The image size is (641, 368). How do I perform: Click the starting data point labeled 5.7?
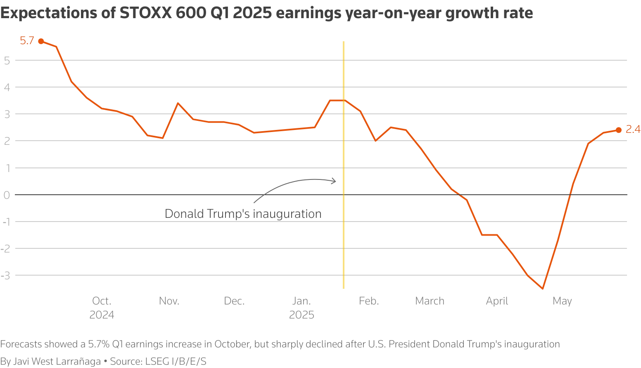click(x=41, y=41)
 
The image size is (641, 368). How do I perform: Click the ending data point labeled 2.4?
click(x=618, y=130)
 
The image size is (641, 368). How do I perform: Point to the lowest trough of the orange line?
click(x=542, y=288)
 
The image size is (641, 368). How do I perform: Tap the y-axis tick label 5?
click(x=7, y=60)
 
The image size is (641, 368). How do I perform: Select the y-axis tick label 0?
click(x=7, y=195)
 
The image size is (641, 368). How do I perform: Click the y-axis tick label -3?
click(x=5, y=275)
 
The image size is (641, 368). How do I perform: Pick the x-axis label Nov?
click(x=169, y=301)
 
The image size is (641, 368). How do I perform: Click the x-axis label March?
click(x=430, y=301)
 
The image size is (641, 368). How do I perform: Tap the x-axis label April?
click(x=497, y=301)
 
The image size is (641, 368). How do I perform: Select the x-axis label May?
click(x=562, y=301)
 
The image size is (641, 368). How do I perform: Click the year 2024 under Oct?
click(x=102, y=315)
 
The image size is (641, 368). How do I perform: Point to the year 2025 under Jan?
click(x=302, y=315)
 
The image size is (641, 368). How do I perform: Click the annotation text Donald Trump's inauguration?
click(x=243, y=214)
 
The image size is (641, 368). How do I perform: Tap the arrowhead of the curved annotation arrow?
click(x=335, y=181)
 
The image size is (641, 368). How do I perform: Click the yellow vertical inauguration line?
click(x=344, y=248)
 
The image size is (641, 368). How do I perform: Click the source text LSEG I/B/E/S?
click(x=176, y=361)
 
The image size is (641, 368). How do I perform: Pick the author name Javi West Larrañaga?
click(x=57, y=361)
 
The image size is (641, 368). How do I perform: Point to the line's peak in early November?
click(x=178, y=103)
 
